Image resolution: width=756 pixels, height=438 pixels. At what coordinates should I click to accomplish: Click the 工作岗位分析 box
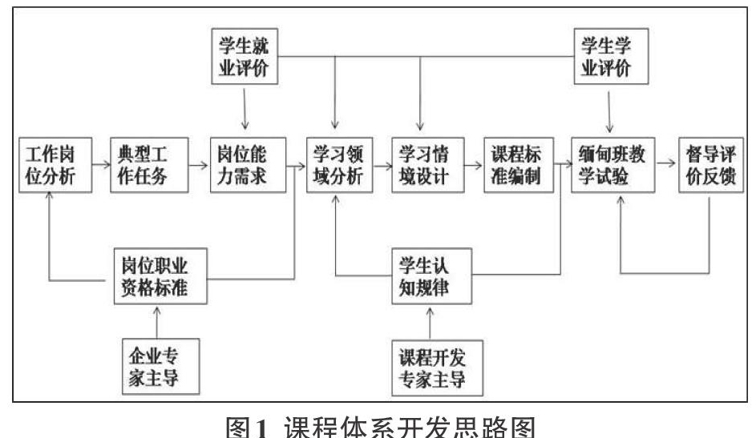coord(55,165)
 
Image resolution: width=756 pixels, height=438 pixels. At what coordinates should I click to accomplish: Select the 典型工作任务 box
coord(149,165)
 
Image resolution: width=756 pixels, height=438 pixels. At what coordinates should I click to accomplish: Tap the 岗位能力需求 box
coord(248,165)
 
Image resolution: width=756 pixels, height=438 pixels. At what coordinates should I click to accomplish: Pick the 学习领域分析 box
coord(339,165)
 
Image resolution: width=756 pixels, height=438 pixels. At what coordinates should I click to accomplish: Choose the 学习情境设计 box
coord(427,165)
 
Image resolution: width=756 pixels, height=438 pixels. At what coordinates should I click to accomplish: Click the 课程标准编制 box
coord(519,165)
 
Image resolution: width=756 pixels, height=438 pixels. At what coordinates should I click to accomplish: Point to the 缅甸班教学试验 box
coord(612,165)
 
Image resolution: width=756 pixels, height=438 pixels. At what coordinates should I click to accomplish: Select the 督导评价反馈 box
coord(710,165)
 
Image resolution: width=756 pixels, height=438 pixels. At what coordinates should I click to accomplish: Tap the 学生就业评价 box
coord(245,56)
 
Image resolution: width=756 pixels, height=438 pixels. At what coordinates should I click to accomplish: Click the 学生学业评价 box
coord(611,56)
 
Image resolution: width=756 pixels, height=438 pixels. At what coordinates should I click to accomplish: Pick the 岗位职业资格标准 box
coord(160,276)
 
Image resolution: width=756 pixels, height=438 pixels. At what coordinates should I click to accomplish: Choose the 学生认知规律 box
coord(431,276)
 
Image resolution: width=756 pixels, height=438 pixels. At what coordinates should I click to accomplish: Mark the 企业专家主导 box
coord(160,367)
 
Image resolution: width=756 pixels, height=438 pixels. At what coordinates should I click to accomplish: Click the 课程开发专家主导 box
coord(437,368)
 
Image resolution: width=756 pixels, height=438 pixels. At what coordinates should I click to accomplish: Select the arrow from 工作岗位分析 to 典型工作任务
coord(101,165)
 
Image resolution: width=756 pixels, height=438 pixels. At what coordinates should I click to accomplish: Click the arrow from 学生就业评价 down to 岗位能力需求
coord(245,109)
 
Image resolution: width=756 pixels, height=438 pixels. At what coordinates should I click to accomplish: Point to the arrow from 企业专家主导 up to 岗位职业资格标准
coord(156,322)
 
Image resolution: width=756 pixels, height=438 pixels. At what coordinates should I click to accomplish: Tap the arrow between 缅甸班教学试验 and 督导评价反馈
coord(666,163)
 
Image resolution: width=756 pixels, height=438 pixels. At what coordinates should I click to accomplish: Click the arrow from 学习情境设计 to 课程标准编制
coord(474,166)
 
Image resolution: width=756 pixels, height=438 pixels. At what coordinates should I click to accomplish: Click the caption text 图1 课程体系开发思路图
coord(381,427)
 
